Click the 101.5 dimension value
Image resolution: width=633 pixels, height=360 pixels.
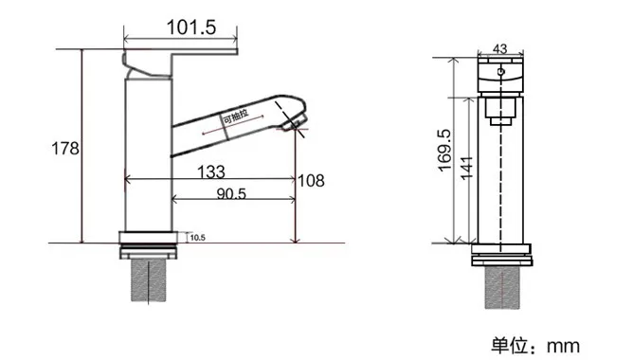(191, 27)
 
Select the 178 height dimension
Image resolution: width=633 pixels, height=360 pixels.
(65, 148)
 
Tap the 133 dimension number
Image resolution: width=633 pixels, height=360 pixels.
(210, 171)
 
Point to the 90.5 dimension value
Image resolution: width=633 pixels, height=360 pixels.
(231, 193)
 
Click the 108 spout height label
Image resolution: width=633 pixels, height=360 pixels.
(311, 180)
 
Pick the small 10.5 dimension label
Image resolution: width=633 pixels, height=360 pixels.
(198, 238)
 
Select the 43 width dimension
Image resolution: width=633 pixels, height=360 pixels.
(499, 49)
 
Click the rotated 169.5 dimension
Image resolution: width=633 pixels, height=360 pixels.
(444, 150)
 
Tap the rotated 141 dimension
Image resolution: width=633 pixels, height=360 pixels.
(466, 168)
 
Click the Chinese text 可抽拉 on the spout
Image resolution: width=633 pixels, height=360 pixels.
(236, 117)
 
